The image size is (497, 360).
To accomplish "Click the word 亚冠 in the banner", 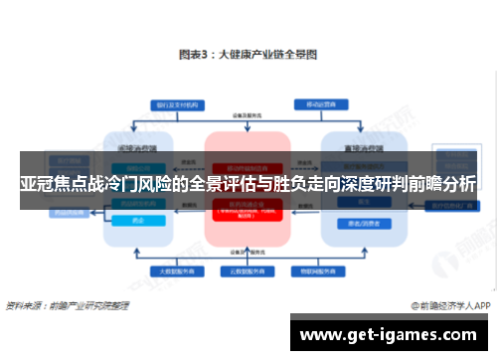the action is pos(38,182).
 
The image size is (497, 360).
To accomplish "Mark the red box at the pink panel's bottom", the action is pos(248,212).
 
